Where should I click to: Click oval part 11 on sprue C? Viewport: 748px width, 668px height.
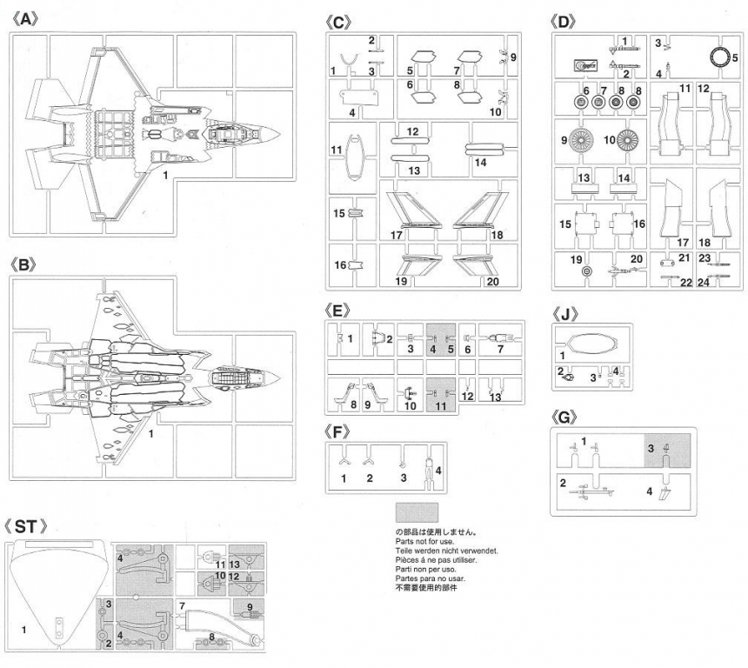click(x=353, y=157)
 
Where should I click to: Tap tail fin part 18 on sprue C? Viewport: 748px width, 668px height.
click(x=475, y=211)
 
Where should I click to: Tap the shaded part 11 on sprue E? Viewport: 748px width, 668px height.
click(x=442, y=392)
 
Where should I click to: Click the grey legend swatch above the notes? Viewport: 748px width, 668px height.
click(x=416, y=511)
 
